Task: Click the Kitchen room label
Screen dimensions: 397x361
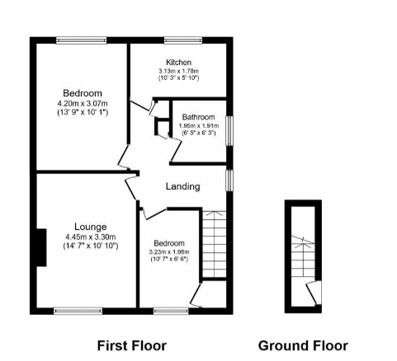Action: coord(178,62)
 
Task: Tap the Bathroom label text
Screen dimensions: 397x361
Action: coord(198,117)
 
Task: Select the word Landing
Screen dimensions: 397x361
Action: coord(182,186)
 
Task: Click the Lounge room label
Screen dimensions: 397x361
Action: coord(91,227)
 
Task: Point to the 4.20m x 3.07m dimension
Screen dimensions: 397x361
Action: coord(83,104)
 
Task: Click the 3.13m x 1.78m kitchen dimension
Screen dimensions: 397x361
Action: coord(178,71)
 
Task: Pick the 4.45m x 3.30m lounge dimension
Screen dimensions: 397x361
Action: coord(91,237)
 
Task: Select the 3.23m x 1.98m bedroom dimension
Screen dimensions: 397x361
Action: coord(169,251)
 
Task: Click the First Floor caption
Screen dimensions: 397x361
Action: coord(132,345)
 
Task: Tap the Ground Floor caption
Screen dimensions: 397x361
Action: coord(303,345)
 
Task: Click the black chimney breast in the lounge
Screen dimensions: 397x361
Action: coord(41,247)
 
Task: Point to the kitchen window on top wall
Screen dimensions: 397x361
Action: coord(183,40)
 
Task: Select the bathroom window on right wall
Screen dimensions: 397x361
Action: coord(229,131)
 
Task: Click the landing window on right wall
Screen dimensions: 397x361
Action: coord(229,180)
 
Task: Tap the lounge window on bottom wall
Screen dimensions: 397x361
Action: coord(78,311)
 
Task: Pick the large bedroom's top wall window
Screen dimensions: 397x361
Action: coord(81,40)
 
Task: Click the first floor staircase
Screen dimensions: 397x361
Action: coord(215,244)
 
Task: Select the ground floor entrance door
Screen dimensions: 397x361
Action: coord(314,293)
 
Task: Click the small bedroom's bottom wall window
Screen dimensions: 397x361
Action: coord(171,311)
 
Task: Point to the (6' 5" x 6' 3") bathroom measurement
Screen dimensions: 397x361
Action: coord(199,133)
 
